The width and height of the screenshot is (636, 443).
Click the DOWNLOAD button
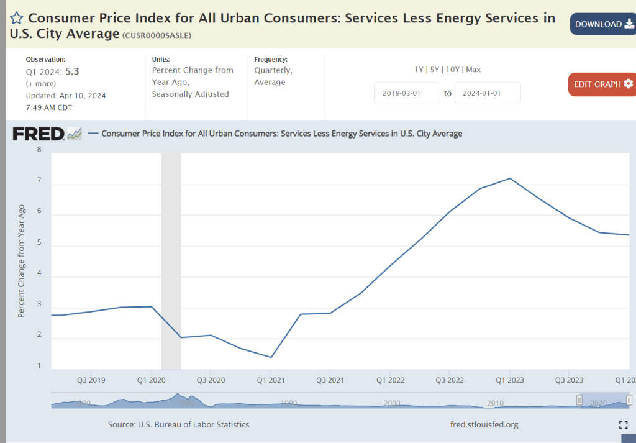click(602, 24)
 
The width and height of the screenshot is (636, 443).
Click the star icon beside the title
click(17, 19)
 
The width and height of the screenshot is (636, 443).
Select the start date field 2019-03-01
click(407, 93)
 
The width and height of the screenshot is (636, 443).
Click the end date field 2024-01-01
click(488, 93)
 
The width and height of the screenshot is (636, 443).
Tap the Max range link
click(473, 70)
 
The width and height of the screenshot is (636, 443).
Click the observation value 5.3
click(72, 71)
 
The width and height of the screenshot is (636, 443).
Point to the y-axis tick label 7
click(39, 181)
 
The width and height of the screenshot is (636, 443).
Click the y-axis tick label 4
click(39, 273)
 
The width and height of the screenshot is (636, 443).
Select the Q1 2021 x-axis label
click(270, 380)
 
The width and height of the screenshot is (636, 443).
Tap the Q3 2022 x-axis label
click(450, 380)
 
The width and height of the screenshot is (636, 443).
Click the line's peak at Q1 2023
click(510, 178)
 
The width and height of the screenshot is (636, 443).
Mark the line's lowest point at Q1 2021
click(271, 357)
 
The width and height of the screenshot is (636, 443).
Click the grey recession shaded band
click(171, 261)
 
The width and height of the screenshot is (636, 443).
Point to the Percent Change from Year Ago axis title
click(21, 261)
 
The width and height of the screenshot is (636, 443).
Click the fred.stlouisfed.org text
click(484, 425)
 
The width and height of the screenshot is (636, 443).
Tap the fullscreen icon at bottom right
click(624, 425)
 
